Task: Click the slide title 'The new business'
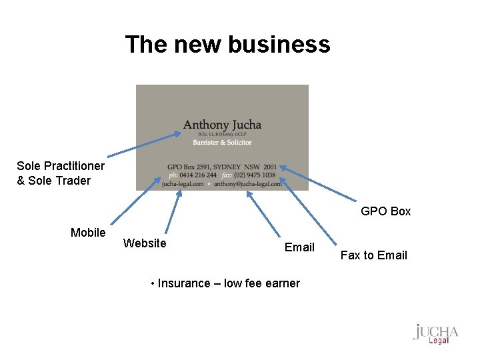[x=227, y=45]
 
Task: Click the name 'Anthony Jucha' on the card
[x=222, y=125]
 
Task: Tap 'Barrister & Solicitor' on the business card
[x=222, y=142]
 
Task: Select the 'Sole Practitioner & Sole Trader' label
[x=53, y=173]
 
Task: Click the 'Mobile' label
[x=88, y=233]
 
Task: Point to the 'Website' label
[x=145, y=243]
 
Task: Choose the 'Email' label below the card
[x=299, y=247]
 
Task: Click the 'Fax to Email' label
[x=373, y=255]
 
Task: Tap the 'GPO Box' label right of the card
[x=386, y=211]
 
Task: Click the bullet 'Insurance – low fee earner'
[x=225, y=283]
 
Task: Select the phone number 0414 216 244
[x=198, y=175]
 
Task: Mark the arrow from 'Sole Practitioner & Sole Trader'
[x=143, y=146]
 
